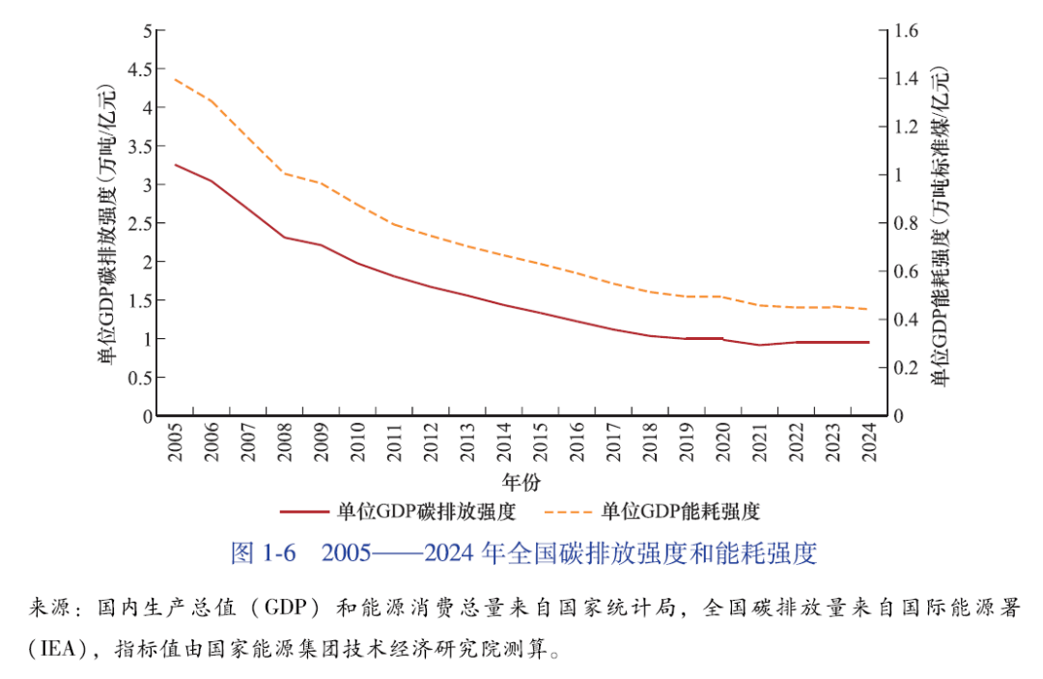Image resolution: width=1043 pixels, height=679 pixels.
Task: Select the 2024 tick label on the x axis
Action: point(867,441)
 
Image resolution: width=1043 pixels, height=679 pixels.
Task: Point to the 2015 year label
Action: point(539,441)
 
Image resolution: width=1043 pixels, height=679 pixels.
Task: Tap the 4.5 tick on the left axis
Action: point(141,69)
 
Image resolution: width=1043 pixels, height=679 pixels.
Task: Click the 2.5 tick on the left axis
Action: point(141,223)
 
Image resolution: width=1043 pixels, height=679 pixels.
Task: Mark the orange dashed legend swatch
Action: point(568,511)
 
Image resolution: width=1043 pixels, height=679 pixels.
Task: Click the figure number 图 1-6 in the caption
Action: point(261,553)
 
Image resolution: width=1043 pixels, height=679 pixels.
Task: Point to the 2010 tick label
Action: point(356,441)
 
